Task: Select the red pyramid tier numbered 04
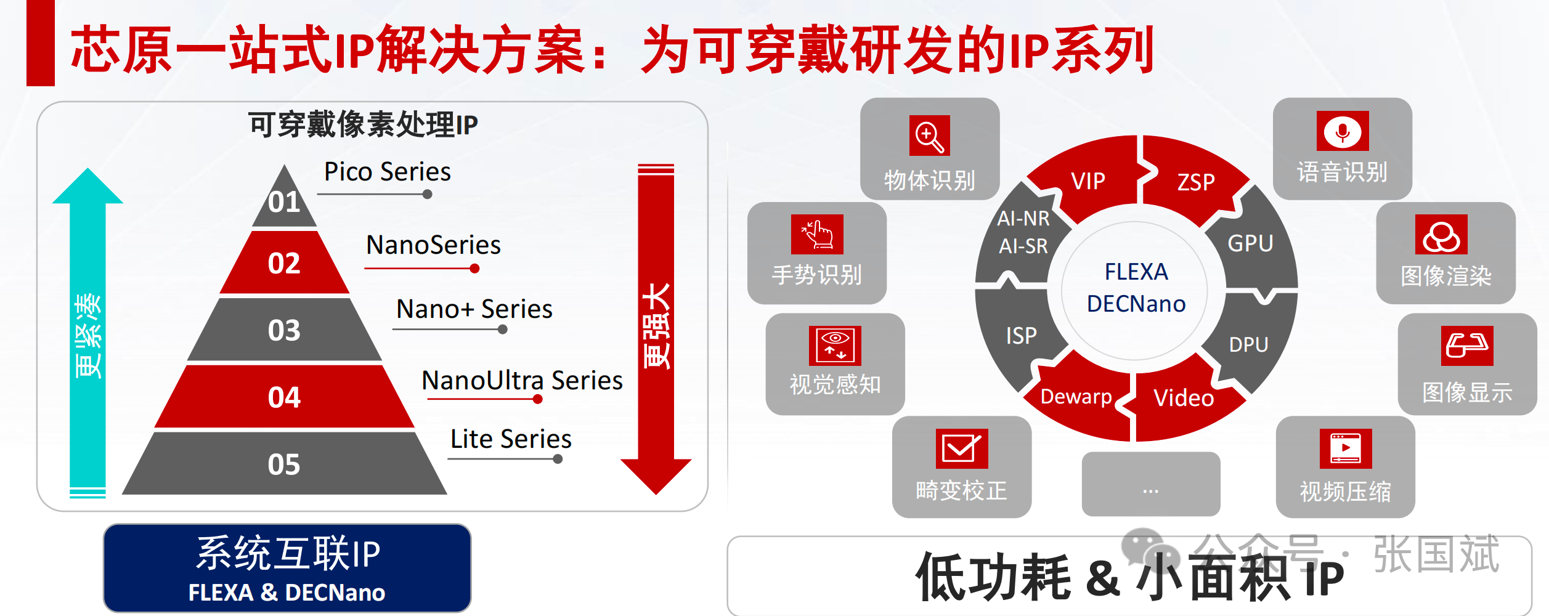click(284, 397)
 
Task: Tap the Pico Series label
click(388, 172)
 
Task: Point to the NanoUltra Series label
click(522, 381)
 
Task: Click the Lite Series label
click(511, 439)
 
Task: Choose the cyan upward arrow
click(87, 333)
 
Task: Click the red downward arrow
click(656, 326)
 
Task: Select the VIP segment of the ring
click(1088, 181)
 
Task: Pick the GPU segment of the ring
click(1250, 244)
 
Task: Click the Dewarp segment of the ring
click(1076, 397)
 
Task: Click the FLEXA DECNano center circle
click(1136, 288)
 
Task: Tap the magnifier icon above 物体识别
click(929, 136)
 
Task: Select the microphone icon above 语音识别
click(1343, 131)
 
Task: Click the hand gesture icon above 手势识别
click(817, 234)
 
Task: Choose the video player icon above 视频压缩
click(1346, 448)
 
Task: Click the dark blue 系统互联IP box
click(287, 568)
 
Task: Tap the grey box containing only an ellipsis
click(1150, 484)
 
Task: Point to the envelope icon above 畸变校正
click(961, 448)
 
